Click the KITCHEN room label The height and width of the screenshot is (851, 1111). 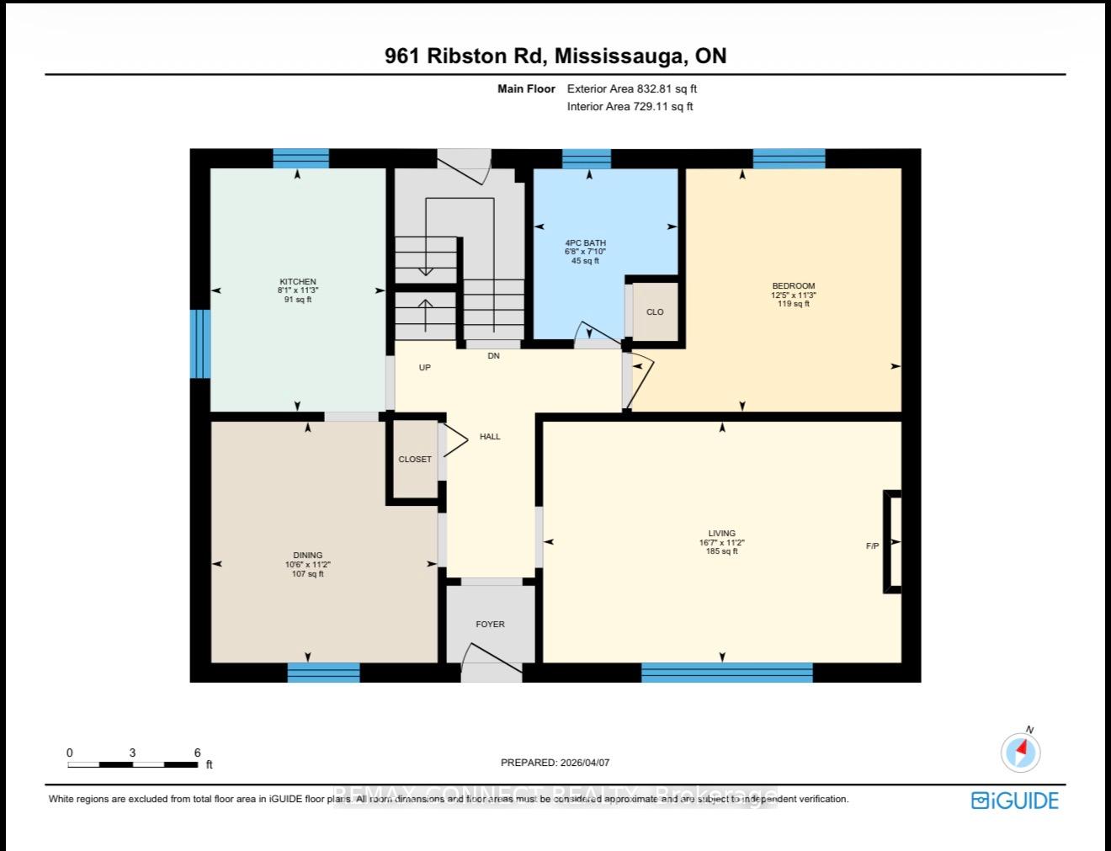tap(298, 282)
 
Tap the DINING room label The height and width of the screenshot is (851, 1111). tap(308, 556)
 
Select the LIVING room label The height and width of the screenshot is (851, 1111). tap(721, 534)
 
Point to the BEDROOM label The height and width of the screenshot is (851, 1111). tap(793, 286)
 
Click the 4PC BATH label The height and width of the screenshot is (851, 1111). tap(585, 243)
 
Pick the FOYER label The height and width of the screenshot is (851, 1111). tap(490, 625)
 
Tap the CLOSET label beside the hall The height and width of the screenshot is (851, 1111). tap(415, 460)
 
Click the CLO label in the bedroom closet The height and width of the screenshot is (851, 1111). tap(655, 312)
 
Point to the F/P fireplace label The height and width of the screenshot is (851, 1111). tap(873, 546)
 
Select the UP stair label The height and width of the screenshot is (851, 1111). tap(425, 368)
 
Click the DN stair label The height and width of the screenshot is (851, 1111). tap(493, 356)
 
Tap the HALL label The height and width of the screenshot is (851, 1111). tap(490, 437)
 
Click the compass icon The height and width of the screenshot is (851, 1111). tap(1021, 752)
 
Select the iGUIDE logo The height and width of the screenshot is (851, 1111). tap(1015, 800)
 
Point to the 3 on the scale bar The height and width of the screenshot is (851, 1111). tap(132, 753)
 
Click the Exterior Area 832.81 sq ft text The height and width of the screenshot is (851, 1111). tap(632, 88)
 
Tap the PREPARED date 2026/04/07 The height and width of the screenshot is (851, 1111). tap(582, 763)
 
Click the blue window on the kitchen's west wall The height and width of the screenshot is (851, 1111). tap(199, 344)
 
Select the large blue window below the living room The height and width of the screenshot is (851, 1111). tap(727, 673)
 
